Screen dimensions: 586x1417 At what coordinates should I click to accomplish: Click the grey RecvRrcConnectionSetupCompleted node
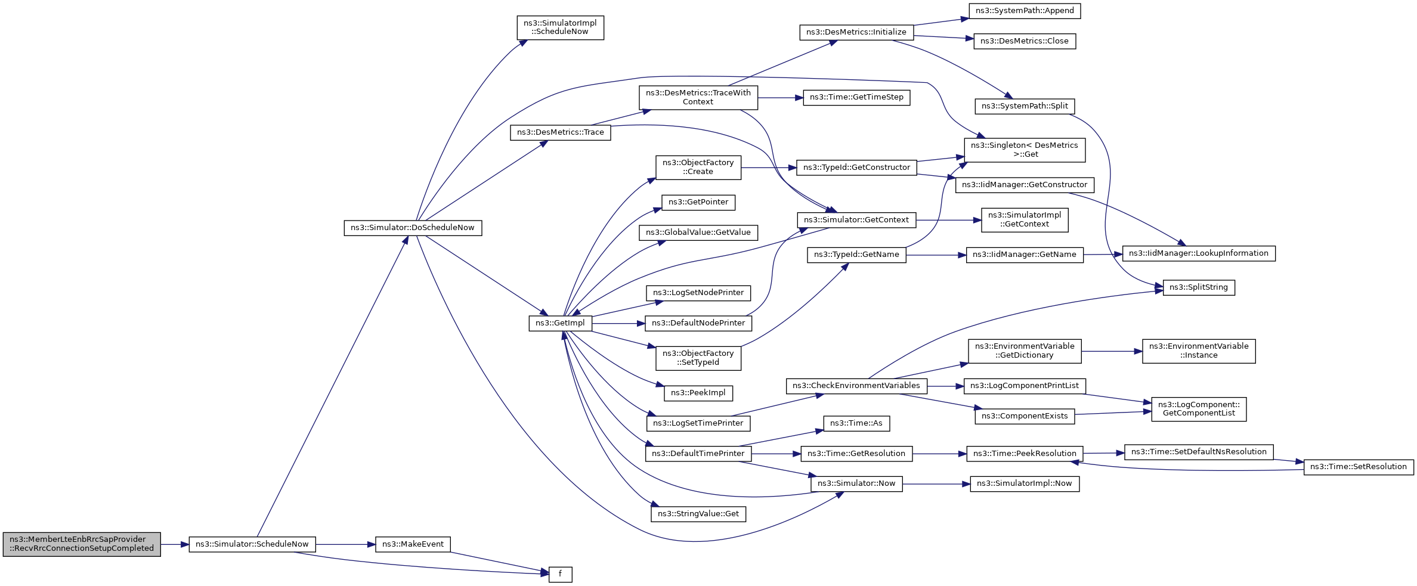point(82,544)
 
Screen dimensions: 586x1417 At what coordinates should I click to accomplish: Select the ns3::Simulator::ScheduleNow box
point(252,544)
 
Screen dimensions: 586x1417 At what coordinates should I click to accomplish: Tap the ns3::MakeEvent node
point(413,544)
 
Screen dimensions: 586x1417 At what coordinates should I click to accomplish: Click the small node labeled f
point(560,575)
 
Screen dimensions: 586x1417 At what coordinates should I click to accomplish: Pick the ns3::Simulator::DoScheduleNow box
point(413,228)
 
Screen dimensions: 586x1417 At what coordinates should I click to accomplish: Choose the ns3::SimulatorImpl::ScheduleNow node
point(560,27)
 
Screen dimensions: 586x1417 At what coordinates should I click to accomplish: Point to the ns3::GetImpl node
point(560,323)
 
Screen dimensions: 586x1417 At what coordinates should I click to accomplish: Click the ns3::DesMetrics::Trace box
point(560,132)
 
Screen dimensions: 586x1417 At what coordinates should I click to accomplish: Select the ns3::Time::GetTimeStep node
point(856,97)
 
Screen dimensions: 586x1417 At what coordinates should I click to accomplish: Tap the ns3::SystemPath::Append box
point(1025,11)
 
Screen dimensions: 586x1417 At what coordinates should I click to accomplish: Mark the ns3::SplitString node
point(1199,287)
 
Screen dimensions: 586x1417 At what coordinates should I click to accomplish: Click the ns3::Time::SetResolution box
point(1359,467)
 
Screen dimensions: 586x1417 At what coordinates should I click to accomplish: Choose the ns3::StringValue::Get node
point(698,514)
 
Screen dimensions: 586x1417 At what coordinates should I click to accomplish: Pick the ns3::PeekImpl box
point(698,393)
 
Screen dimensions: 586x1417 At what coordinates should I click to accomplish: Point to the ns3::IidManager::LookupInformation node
point(1199,253)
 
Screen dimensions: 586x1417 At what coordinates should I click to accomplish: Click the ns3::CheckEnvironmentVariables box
point(856,386)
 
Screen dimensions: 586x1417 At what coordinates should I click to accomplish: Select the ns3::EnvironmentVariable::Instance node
point(1199,351)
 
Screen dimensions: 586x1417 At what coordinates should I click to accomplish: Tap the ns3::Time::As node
point(856,423)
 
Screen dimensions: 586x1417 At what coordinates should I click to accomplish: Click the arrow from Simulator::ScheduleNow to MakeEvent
point(345,544)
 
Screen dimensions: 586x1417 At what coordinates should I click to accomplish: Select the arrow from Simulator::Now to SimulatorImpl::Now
point(936,484)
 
